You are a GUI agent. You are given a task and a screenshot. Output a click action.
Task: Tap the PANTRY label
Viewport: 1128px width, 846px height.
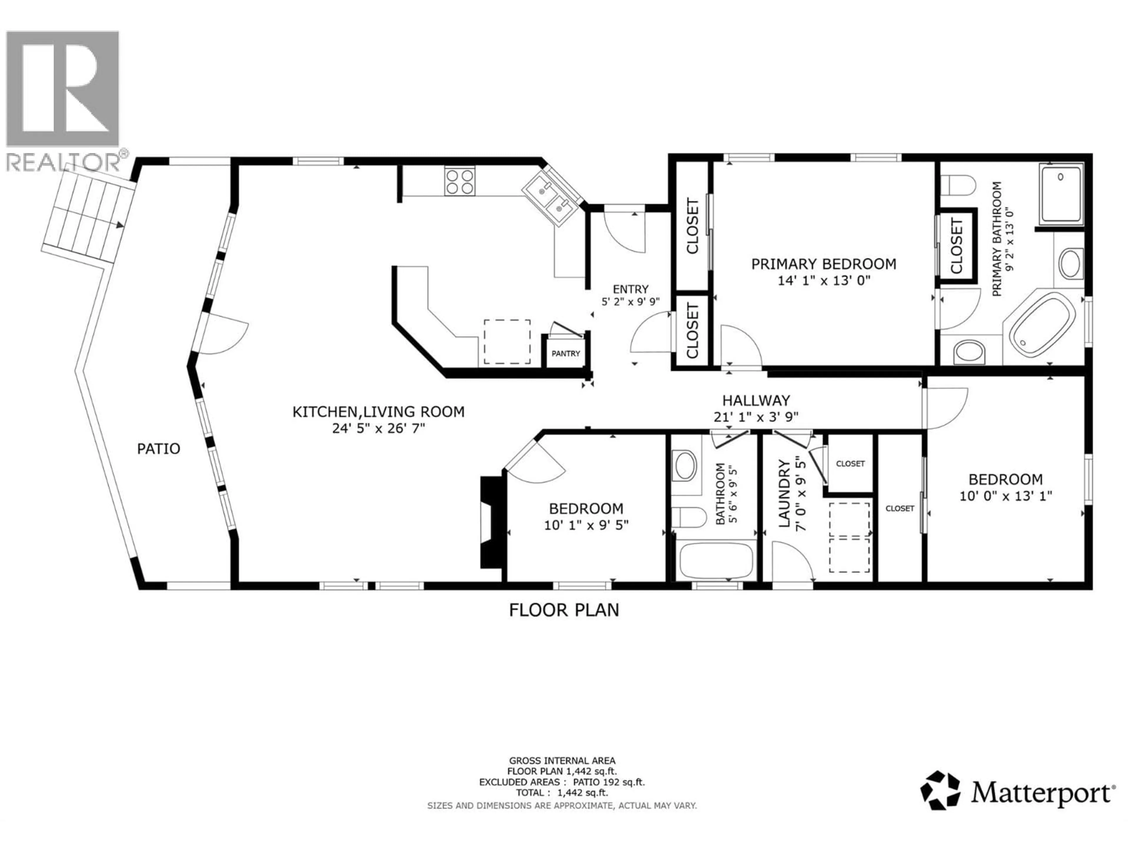565,353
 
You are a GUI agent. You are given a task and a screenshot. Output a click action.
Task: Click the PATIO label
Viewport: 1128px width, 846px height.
159,449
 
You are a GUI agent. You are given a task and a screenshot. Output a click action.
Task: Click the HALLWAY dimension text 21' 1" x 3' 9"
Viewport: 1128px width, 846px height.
756,417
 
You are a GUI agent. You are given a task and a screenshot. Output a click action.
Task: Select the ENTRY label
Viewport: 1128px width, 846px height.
630,289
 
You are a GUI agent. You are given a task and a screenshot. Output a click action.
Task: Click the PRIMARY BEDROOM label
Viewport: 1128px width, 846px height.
824,264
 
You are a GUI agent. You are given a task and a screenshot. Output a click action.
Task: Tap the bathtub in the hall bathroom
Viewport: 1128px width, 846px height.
716,560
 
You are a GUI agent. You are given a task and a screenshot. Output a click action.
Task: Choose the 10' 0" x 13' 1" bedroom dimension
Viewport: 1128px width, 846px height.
1006,496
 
